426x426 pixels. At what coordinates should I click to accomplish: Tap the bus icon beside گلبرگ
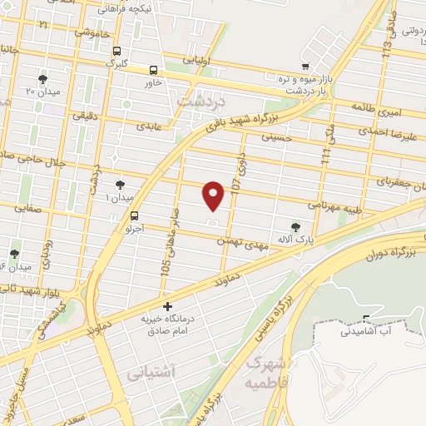tap(116, 50)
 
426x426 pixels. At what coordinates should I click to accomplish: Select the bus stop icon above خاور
tap(153, 71)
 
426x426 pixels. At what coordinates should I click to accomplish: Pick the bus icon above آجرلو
tap(136, 214)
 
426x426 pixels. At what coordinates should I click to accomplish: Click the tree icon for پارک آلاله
tap(295, 225)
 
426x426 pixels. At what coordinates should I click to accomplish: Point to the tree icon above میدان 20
tap(42, 80)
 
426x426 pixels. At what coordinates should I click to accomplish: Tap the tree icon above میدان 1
tap(120, 184)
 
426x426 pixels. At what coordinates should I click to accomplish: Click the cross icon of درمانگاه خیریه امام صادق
tap(168, 307)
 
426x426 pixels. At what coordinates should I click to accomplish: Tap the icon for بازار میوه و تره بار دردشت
tap(307, 67)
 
